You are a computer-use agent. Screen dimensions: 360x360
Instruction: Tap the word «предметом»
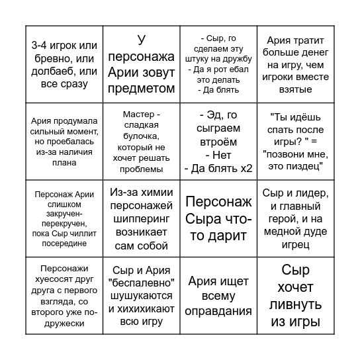click(x=141, y=89)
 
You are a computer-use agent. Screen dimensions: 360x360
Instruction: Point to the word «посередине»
click(x=64, y=244)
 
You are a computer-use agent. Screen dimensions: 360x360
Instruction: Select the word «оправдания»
click(x=218, y=310)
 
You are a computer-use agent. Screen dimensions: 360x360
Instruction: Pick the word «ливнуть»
click(x=296, y=305)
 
